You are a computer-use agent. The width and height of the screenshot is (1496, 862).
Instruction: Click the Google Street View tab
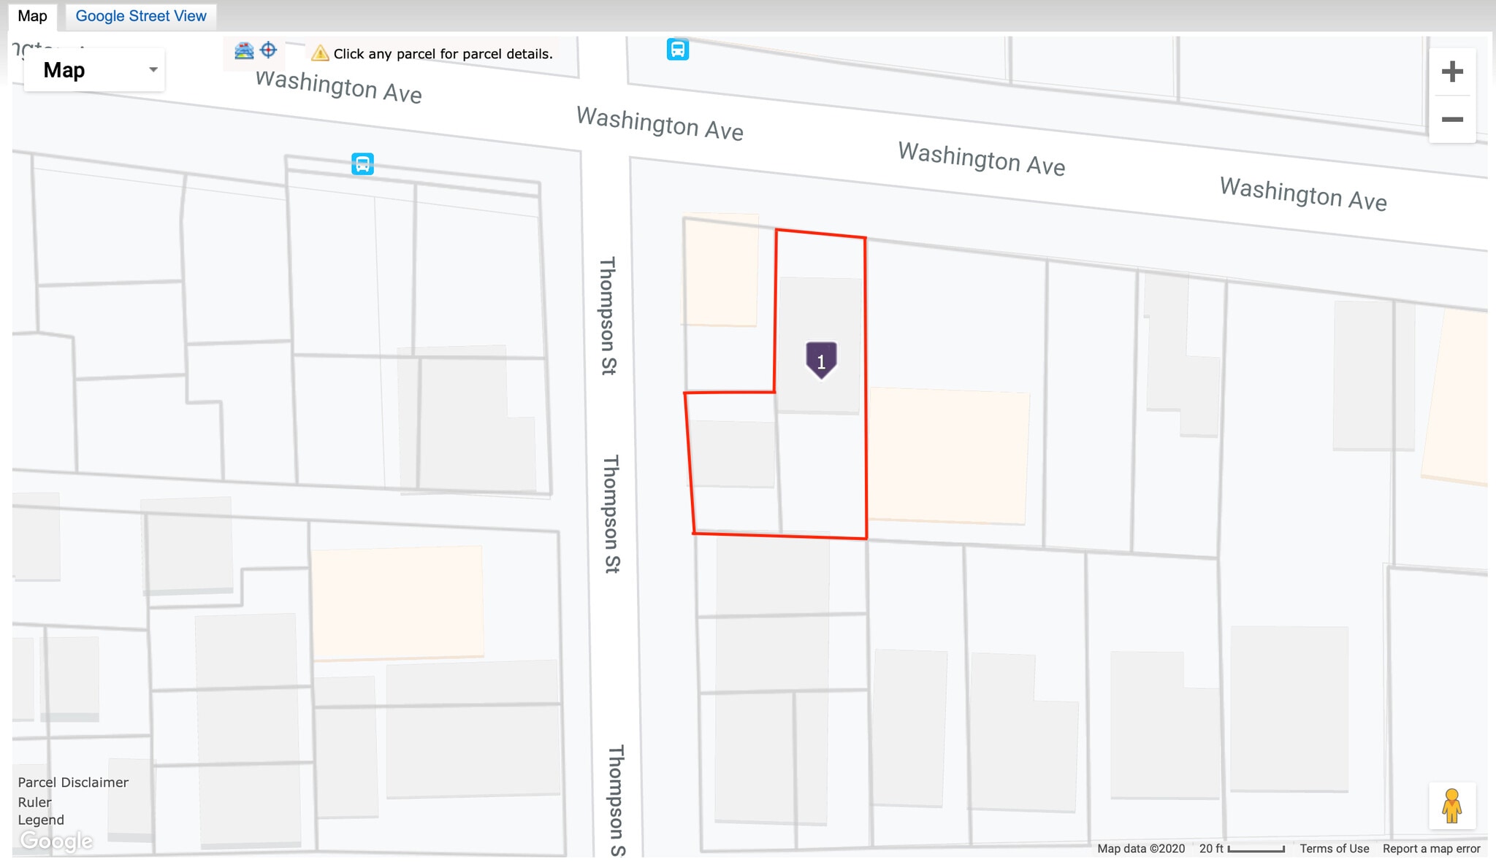141,15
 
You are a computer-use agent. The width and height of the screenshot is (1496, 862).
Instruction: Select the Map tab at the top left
32,15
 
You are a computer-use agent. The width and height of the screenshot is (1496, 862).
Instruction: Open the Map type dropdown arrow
153,70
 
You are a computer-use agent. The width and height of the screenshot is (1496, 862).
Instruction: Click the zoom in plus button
1451,72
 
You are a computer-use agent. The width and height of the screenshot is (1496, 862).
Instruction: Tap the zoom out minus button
1451,119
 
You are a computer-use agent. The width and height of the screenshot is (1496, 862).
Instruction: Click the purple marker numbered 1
821,360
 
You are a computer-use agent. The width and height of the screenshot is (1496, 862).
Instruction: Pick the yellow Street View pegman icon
1451,806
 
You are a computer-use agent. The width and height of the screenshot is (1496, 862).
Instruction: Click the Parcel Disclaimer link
73,782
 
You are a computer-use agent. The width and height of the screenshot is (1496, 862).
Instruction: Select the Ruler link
35,802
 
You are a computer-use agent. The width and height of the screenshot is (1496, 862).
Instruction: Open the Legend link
41,820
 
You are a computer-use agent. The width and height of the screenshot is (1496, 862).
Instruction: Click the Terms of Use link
1334,848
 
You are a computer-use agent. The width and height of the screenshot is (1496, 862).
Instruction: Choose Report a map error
1431,848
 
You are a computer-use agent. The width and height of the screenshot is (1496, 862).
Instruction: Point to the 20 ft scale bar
1256,849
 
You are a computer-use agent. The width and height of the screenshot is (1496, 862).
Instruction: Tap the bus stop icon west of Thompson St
362,163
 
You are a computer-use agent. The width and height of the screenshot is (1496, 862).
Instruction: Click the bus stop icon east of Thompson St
677,50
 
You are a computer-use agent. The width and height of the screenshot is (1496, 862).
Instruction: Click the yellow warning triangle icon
319,53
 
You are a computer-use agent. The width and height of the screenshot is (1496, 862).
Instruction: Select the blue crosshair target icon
269,50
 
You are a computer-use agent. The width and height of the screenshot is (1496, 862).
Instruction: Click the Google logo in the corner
56,841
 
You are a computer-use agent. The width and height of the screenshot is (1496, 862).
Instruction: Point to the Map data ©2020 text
1140,848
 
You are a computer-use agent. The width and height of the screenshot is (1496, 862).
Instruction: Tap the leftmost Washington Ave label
338,87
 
